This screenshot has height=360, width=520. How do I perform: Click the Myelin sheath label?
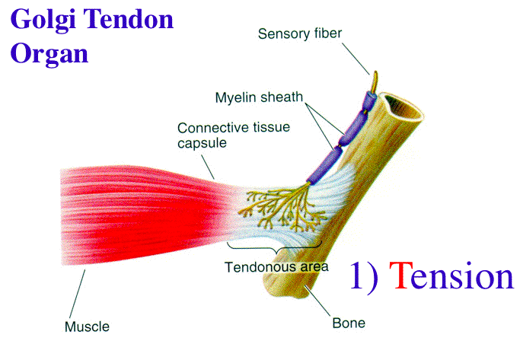(259, 97)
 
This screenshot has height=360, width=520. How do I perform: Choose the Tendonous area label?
(276, 267)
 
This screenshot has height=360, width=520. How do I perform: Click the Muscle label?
(86, 327)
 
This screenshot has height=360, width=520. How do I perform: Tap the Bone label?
(349, 323)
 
